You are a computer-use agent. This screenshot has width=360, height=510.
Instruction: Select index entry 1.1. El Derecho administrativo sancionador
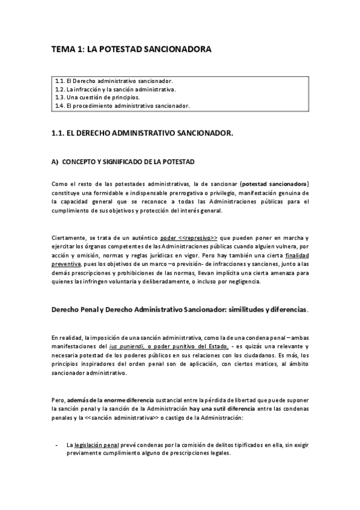point(114,81)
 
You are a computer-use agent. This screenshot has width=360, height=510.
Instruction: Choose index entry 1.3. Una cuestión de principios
point(97,97)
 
